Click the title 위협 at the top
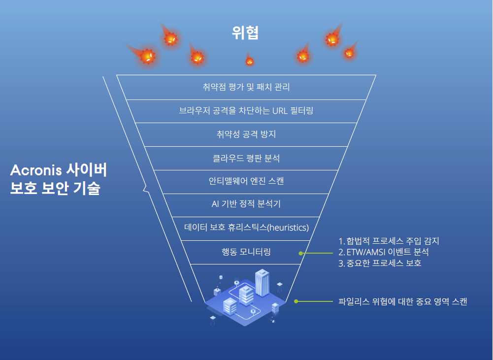[245, 33]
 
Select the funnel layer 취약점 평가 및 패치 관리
[246, 88]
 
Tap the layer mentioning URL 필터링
[246, 111]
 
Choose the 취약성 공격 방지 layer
[246, 134]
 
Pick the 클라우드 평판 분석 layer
[246, 158]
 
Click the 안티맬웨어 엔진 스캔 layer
[246, 181]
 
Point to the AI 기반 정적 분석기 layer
[246, 204]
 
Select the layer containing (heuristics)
[246, 228]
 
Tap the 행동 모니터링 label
[246, 252]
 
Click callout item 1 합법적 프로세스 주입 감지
[389, 241]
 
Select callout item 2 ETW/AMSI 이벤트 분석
[384, 252]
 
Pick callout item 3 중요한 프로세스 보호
[380, 263]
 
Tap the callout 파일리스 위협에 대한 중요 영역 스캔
[403, 301]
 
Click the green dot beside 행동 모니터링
[301, 253]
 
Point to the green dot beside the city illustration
[296, 301]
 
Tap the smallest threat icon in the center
[249, 61]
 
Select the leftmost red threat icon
[147, 57]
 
